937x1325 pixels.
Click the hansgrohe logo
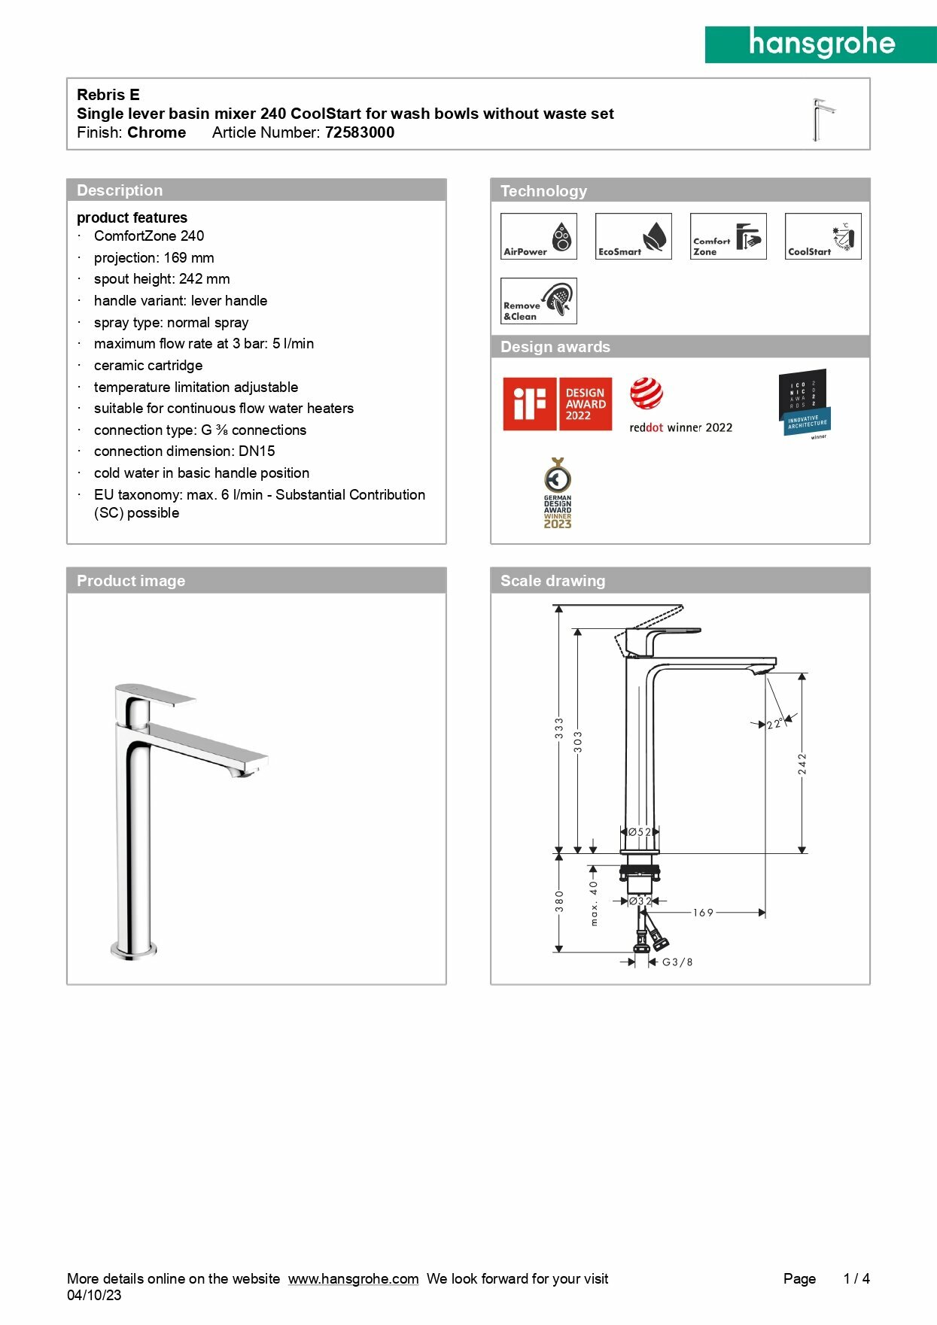(x=820, y=44)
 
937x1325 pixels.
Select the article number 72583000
(x=360, y=132)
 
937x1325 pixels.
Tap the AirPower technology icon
(x=538, y=236)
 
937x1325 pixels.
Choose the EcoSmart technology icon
(x=633, y=236)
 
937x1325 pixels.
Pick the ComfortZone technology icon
(x=728, y=236)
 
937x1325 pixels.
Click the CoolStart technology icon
(x=823, y=236)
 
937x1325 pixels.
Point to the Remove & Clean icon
(x=538, y=301)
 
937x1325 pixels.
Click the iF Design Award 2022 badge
(x=557, y=404)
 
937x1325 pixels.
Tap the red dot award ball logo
(x=646, y=394)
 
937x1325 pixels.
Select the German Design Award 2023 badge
(x=558, y=494)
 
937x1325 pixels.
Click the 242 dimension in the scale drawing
(x=802, y=764)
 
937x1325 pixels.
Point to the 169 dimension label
(x=703, y=913)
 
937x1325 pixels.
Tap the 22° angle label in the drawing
(x=774, y=725)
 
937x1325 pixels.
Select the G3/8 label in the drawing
(x=677, y=962)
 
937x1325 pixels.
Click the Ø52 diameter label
(x=640, y=832)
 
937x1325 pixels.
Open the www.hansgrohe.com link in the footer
(x=353, y=1279)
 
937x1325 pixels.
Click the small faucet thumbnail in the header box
(x=823, y=119)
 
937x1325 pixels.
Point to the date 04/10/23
(x=94, y=1296)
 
